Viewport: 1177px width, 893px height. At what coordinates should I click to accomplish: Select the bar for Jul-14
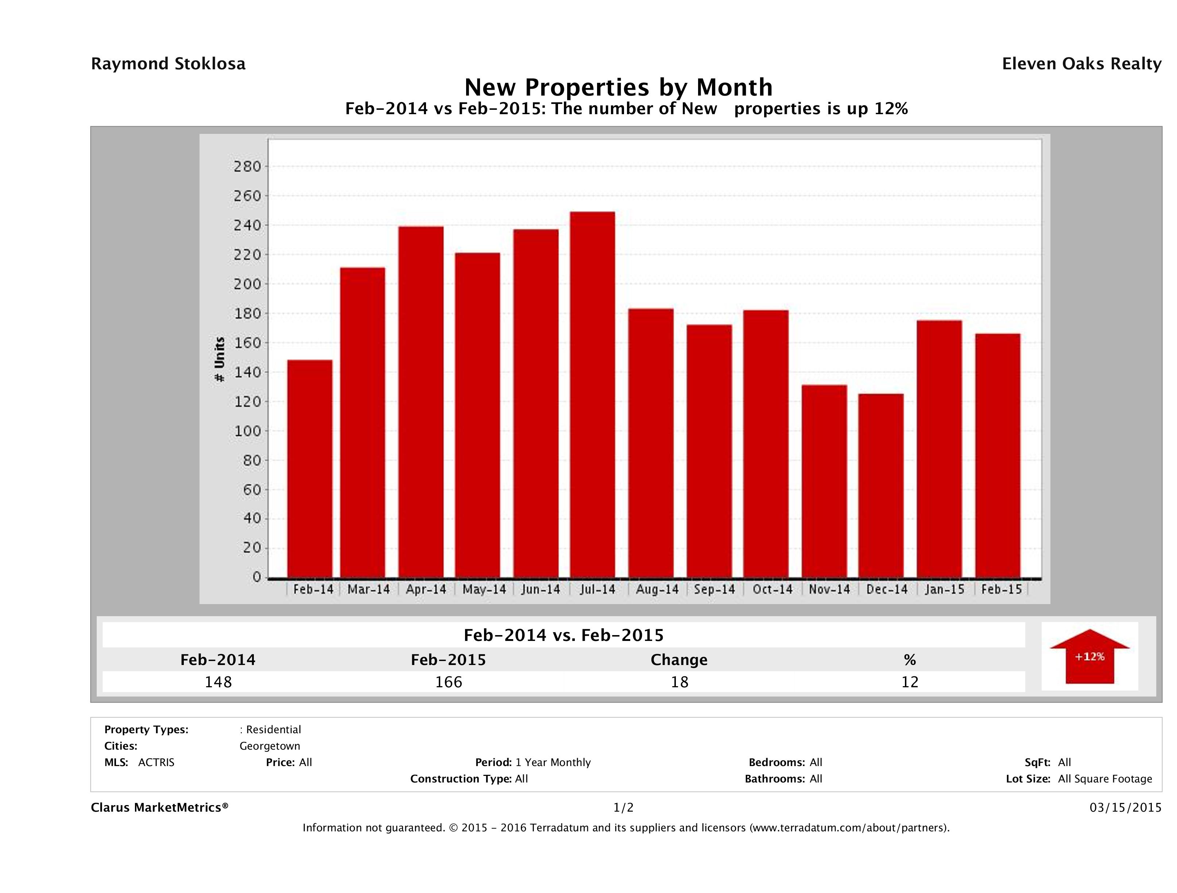pos(592,394)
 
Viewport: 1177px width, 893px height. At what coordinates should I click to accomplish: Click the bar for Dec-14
pos(880,485)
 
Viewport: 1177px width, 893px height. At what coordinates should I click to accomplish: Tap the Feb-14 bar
pos(310,468)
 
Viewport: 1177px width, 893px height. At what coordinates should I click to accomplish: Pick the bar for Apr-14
pos(421,402)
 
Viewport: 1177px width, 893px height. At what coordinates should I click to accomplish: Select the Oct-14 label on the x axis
pos(772,589)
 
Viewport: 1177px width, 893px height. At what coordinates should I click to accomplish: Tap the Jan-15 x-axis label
pos(944,589)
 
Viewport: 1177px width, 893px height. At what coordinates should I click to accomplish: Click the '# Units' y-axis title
pos(219,359)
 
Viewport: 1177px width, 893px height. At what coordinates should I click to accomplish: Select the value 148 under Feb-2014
pos(218,682)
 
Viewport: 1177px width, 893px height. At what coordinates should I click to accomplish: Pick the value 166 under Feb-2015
pos(449,682)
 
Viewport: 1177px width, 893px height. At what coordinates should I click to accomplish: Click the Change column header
pos(679,660)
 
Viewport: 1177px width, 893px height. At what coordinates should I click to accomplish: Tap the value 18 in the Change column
pos(680,682)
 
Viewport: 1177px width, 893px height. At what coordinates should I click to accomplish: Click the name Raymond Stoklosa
pos(168,64)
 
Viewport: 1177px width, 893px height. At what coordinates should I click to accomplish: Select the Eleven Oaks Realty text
pos(1081,64)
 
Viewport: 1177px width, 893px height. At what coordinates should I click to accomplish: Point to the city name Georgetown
pos(270,746)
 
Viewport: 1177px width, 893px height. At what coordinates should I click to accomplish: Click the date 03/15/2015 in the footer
pos(1125,807)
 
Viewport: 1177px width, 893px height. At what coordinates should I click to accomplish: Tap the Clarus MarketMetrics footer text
pos(160,807)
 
